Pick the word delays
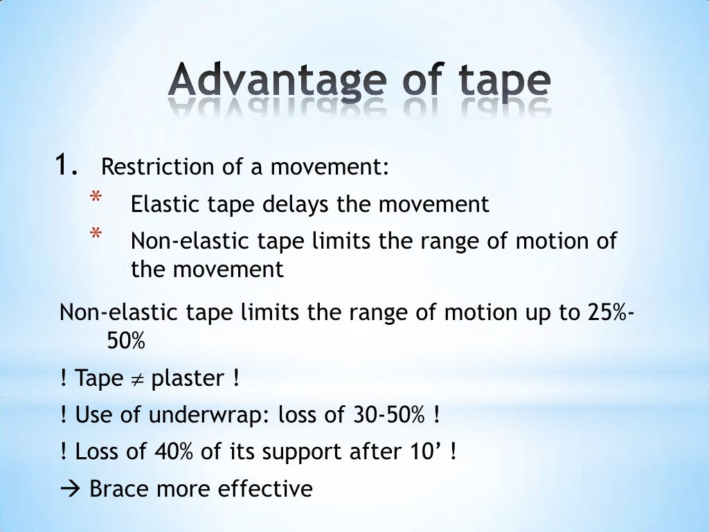point(298,204)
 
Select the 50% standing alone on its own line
point(127,341)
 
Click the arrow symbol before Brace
point(71,489)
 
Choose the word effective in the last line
point(265,489)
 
